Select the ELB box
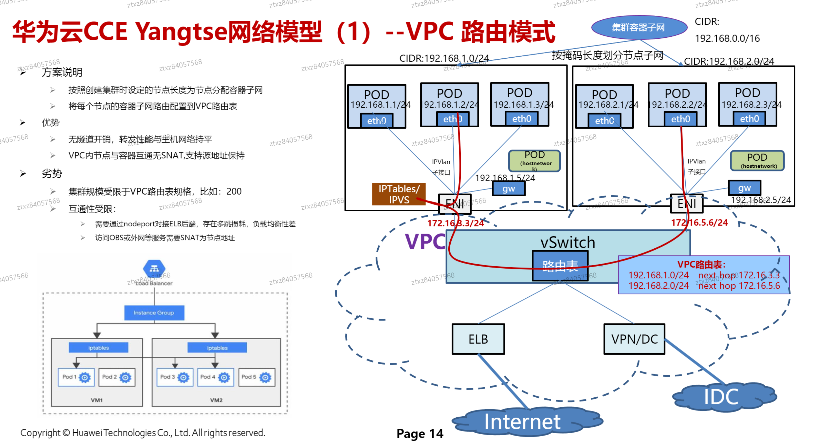click(x=478, y=339)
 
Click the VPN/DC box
click(x=634, y=339)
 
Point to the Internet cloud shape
click(x=525, y=422)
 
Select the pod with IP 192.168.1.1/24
click(x=377, y=106)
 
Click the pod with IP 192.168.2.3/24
click(x=748, y=104)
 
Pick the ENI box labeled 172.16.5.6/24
click(x=687, y=204)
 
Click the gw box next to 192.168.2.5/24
click(x=744, y=188)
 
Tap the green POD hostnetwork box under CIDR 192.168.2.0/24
click(x=757, y=161)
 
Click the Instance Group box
click(x=154, y=313)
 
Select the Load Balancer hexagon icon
click(x=154, y=268)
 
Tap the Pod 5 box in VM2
click(x=257, y=377)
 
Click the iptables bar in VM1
click(x=98, y=348)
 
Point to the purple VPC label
click(x=425, y=242)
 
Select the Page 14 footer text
click(x=420, y=433)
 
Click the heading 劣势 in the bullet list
click(x=52, y=173)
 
